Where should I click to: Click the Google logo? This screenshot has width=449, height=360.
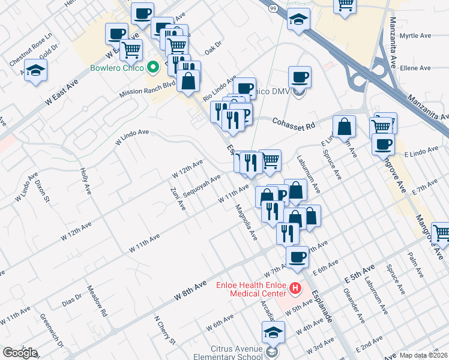click(x=19, y=353)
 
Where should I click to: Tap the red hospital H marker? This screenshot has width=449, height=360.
click(x=295, y=289)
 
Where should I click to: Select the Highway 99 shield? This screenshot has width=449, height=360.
click(x=273, y=7)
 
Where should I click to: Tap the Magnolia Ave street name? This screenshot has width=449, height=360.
click(x=246, y=222)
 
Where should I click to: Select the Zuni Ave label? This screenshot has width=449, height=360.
click(x=178, y=198)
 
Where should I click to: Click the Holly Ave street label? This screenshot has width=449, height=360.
click(x=86, y=181)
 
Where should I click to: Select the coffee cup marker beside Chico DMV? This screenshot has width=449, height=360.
click(x=299, y=77)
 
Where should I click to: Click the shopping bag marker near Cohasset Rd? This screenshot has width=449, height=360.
click(x=344, y=127)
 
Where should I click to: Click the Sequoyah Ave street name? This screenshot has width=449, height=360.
click(x=202, y=186)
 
